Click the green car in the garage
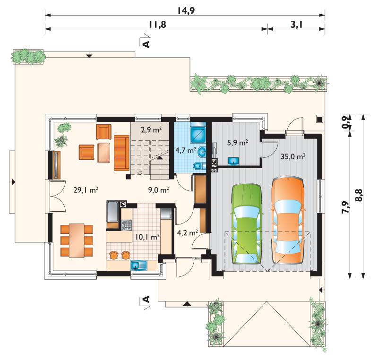[246, 224]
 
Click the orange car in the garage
[288, 220]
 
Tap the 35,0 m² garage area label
[293, 157]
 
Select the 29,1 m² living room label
[86, 190]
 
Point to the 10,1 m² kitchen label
[147, 237]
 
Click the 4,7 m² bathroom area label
[185, 151]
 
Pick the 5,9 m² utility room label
[238, 143]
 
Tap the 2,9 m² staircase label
[151, 130]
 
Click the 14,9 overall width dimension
[186, 10]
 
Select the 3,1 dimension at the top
[296, 25]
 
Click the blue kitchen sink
[138, 266]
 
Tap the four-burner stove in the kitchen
[126, 225]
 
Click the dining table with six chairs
[77, 241]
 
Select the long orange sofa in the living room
[121, 153]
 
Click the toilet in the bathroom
[199, 166]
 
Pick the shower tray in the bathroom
[198, 135]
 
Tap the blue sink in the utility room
[233, 161]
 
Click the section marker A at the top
[146, 44]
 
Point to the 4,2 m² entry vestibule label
[187, 232]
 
